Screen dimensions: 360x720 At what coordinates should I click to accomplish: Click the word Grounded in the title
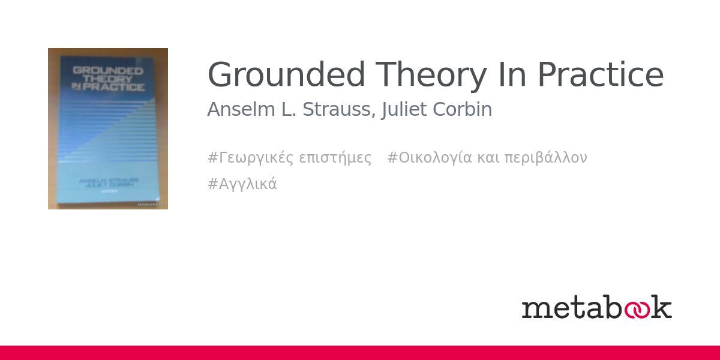point(286,76)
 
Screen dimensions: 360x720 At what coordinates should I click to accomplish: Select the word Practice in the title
point(600,76)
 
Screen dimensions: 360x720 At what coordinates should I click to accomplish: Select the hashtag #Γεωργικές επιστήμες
point(289,158)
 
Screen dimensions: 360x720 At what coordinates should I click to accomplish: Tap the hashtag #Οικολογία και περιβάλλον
point(487,158)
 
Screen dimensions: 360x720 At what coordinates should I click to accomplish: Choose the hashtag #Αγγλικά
point(242,184)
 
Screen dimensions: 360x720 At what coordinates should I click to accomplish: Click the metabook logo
point(596,307)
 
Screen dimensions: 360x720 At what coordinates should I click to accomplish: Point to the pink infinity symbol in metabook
point(637,308)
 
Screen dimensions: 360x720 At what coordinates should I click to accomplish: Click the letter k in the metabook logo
point(662,307)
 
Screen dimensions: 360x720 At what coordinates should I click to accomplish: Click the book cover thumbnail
point(108,128)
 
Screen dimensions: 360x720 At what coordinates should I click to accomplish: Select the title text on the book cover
point(108,79)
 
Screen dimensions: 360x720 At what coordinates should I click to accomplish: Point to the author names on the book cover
point(109,182)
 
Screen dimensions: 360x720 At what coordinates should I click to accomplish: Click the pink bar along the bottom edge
point(360,353)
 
